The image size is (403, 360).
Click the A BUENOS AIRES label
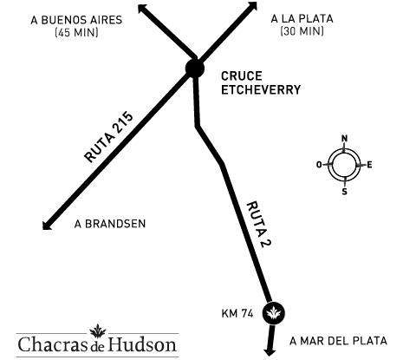[x=76, y=20]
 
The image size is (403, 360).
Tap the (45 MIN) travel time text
[x=76, y=32]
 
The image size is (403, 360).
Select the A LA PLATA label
[x=302, y=19]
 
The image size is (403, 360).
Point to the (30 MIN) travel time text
[x=302, y=30]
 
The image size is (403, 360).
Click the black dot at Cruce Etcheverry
[x=195, y=69]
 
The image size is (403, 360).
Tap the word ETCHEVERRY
[x=261, y=89]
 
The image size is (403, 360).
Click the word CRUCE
[x=242, y=76]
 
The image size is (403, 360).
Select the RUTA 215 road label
[x=109, y=136]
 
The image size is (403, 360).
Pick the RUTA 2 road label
[x=259, y=225]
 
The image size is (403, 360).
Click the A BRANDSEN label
[x=110, y=224]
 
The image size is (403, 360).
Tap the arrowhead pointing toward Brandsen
[x=47, y=225]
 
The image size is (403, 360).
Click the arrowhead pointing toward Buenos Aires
[x=143, y=9]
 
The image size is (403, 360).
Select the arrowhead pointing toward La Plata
[x=252, y=7]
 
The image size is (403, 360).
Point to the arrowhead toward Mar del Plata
[x=270, y=352]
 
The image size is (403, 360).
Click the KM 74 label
[x=237, y=313]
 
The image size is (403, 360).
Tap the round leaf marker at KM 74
[x=274, y=313]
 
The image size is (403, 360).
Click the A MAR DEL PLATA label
[x=338, y=341]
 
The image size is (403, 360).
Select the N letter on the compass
[x=344, y=139]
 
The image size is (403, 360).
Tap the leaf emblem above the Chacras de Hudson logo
[x=98, y=331]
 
